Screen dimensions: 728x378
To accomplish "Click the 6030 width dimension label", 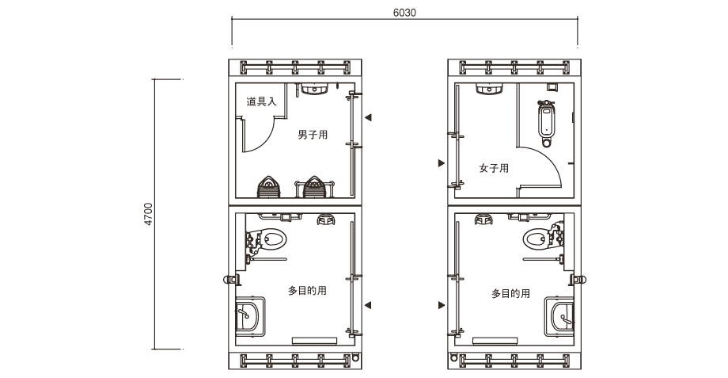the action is [x=404, y=13].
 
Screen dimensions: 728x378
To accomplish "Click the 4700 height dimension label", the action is [x=148, y=214].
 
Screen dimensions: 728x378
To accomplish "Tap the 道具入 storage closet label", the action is [x=261, y=101].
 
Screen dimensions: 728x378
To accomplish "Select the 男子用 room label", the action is [x=313, y=135].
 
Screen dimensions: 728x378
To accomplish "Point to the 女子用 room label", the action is [x=494, y=168].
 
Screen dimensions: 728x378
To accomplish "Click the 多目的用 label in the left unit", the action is [x=307, y=291].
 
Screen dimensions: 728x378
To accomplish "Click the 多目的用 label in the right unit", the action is [x=510, y=294].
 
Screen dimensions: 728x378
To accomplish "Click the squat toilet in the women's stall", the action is [x=545, y=123].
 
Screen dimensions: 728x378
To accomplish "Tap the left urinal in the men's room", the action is [x=269, y=187].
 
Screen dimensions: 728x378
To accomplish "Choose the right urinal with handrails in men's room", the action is [x=314, y=187].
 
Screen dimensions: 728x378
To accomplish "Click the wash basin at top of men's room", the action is [x=316, y=89].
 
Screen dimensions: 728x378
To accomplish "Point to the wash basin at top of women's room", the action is [x=489, y=89].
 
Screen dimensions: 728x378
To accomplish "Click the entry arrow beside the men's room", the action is [x=368, y=117].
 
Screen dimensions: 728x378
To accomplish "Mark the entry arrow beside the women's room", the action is [x=442, y=162].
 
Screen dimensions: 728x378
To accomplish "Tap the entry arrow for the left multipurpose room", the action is [x=368, y=305].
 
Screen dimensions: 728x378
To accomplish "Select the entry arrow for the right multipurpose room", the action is [x=442, y=305].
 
